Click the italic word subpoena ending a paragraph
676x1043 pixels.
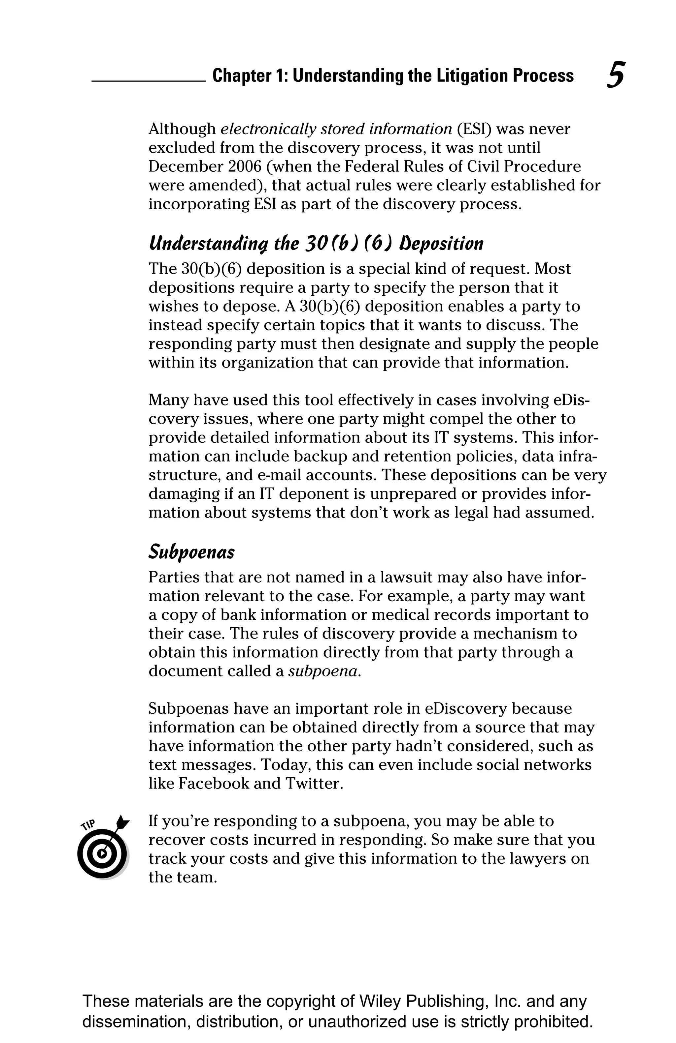click(x=324, y=671)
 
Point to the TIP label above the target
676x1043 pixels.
click(x=88, y=825)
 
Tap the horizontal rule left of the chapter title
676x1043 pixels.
click(x=148, y=81)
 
